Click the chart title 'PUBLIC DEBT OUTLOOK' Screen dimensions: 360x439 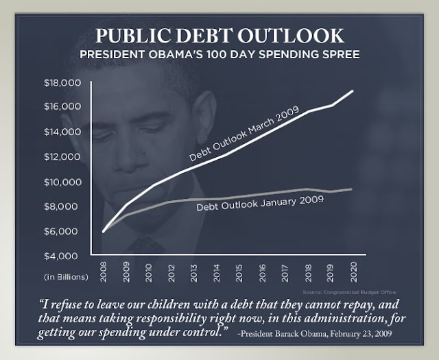click(x=219, y=36)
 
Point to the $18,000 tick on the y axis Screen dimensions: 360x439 click(x=62, y=83)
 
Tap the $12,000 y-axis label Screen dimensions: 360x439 click(x=62, y=157)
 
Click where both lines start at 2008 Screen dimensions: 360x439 click(x=103, y=232)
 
